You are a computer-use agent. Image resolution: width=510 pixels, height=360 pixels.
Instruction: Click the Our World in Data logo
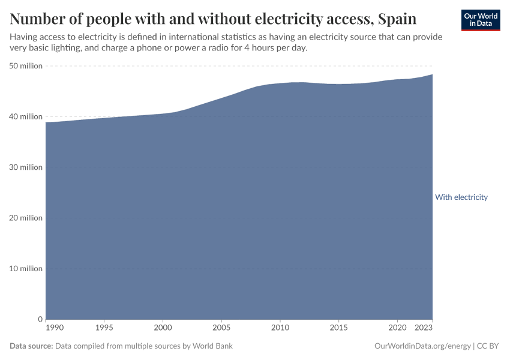480,20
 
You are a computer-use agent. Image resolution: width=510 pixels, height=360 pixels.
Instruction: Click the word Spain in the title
397,19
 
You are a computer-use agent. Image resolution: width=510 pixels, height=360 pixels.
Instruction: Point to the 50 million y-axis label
26,65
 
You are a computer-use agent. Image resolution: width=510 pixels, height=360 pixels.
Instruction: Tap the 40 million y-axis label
26,116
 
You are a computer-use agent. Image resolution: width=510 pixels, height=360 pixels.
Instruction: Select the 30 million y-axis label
26,167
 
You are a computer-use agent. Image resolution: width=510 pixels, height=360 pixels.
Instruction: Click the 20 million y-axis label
26,218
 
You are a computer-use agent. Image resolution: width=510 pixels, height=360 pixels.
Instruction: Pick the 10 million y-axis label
26,268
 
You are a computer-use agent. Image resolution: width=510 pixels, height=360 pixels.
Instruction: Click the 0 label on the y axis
40,319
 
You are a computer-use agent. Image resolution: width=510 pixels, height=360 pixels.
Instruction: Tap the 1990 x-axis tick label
54,328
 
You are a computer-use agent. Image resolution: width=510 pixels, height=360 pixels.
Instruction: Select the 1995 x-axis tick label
104,328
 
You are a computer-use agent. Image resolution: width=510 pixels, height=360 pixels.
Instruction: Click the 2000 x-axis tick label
163,328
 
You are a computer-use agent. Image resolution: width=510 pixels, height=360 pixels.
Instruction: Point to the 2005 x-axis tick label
221,328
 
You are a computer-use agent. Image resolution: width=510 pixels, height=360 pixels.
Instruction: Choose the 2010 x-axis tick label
280,328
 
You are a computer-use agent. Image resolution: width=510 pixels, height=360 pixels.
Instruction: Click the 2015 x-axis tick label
338,328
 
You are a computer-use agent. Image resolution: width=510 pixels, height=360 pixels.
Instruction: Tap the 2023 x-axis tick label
423,328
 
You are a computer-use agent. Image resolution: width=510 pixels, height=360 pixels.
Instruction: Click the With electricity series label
461,197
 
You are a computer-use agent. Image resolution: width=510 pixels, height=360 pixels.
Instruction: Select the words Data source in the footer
31,346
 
